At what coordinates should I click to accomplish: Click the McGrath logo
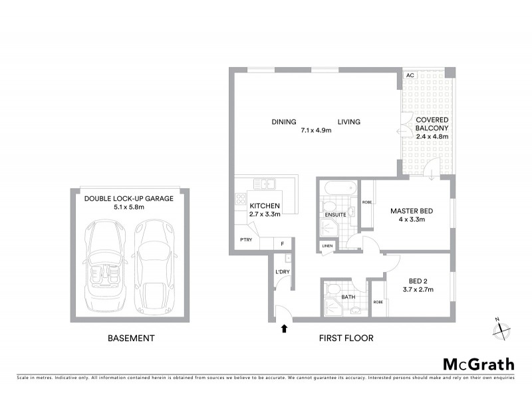point(479,364)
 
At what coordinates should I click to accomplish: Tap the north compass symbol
point(501,329)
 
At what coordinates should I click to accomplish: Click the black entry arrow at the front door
point(285,328)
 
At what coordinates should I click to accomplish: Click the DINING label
point(284,122)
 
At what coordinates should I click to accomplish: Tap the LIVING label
point(348,122)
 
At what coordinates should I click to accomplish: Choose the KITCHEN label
point(264,205)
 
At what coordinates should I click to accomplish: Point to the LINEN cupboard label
point(327,246)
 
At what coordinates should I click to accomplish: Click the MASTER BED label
point(412,211)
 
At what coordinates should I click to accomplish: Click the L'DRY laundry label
point(281,271)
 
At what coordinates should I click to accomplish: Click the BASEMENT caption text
point(131,338)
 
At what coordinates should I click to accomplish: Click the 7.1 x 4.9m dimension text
point(316,130)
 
